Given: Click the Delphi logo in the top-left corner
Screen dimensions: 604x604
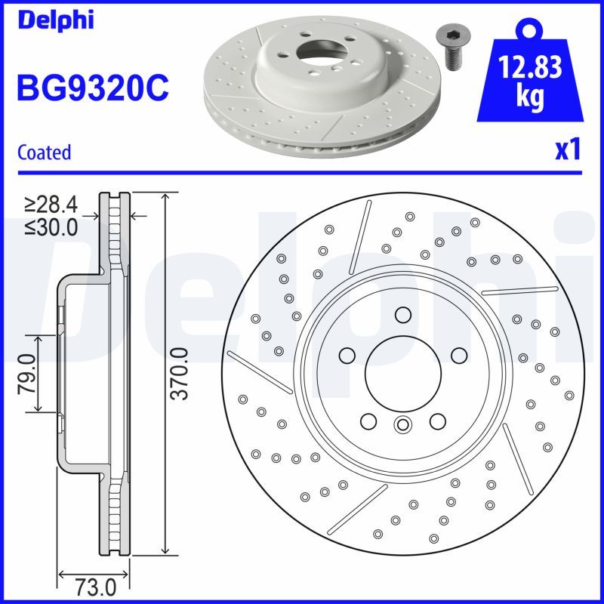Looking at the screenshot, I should point(54,20).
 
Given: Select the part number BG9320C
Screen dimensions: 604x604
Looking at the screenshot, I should point(92,89).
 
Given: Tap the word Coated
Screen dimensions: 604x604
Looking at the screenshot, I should point(44,153).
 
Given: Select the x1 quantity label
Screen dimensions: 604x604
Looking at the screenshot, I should point(567,150).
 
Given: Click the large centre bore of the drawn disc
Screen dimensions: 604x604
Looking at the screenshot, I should point(402,371).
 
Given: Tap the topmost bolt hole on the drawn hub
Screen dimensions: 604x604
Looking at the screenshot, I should point(402,315).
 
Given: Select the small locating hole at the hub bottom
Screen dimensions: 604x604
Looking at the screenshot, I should point(402,424).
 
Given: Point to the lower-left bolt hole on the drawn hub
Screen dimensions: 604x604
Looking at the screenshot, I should point(368,421).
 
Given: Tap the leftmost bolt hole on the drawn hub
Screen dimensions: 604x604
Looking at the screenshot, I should point(347,355).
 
